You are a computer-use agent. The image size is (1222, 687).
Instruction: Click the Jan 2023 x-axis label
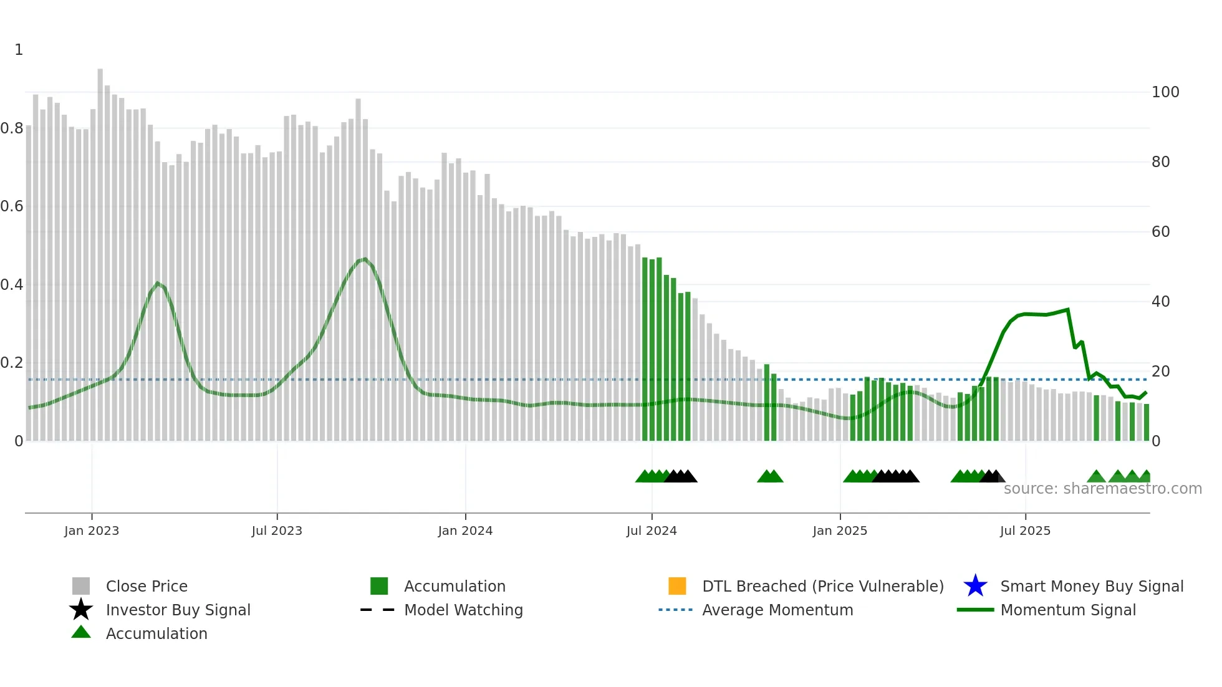coord(91,531)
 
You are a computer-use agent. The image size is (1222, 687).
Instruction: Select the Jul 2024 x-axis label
coord(651,531)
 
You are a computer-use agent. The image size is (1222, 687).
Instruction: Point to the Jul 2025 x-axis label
coord(1025,531)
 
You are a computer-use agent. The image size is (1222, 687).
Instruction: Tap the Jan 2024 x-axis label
coord(465,531)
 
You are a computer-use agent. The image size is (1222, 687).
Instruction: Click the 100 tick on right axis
coord(1165,92)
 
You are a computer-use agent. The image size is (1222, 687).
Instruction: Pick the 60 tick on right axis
coord(1160,232)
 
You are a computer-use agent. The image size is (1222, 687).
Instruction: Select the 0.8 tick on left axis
coord(12,128)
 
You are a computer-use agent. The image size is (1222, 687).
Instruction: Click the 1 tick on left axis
coord(19,50)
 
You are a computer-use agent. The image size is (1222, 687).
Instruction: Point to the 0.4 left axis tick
coord(12,285)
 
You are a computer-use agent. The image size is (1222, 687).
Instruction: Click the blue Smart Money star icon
coord(975,586)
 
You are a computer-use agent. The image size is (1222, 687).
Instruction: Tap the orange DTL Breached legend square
coord(677,586)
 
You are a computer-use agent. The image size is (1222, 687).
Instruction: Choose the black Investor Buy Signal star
coord(81,610)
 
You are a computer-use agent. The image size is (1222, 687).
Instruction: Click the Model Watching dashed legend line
coord(378,610)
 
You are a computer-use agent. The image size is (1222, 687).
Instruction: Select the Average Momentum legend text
coord(777,610)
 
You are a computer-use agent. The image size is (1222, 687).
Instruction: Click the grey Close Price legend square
coord(81,586)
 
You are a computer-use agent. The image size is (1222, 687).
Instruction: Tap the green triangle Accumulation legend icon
coord(81,632)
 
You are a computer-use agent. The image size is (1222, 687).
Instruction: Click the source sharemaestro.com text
coord(1102,489)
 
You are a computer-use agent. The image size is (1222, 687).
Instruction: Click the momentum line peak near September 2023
coord(364,259)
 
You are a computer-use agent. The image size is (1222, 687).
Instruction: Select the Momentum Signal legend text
coord(1067,610)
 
